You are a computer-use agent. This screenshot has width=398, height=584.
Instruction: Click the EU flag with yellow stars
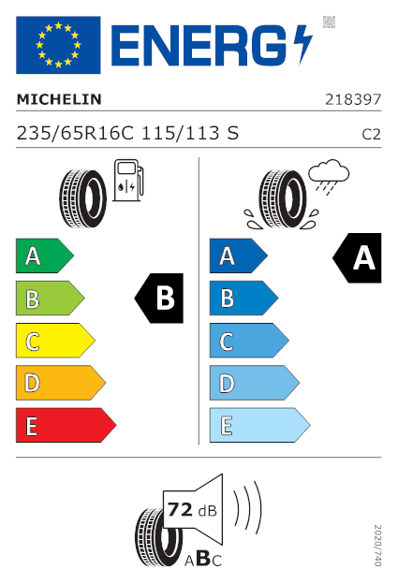coord(58,45)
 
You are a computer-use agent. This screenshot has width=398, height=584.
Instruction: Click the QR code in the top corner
coord(329,22)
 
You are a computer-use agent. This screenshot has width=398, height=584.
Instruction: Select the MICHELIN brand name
coord(59,99)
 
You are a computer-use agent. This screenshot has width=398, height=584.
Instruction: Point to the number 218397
coord(353,99)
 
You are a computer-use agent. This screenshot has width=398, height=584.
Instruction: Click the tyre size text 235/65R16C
coord(75,133)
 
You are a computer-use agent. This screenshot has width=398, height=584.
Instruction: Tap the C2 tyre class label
coord(372,135)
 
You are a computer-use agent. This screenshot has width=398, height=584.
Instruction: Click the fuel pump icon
coord(128,181)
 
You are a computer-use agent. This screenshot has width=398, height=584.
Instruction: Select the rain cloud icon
coord(329,177)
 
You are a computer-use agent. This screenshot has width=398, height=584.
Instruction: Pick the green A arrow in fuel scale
coord(45,255)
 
